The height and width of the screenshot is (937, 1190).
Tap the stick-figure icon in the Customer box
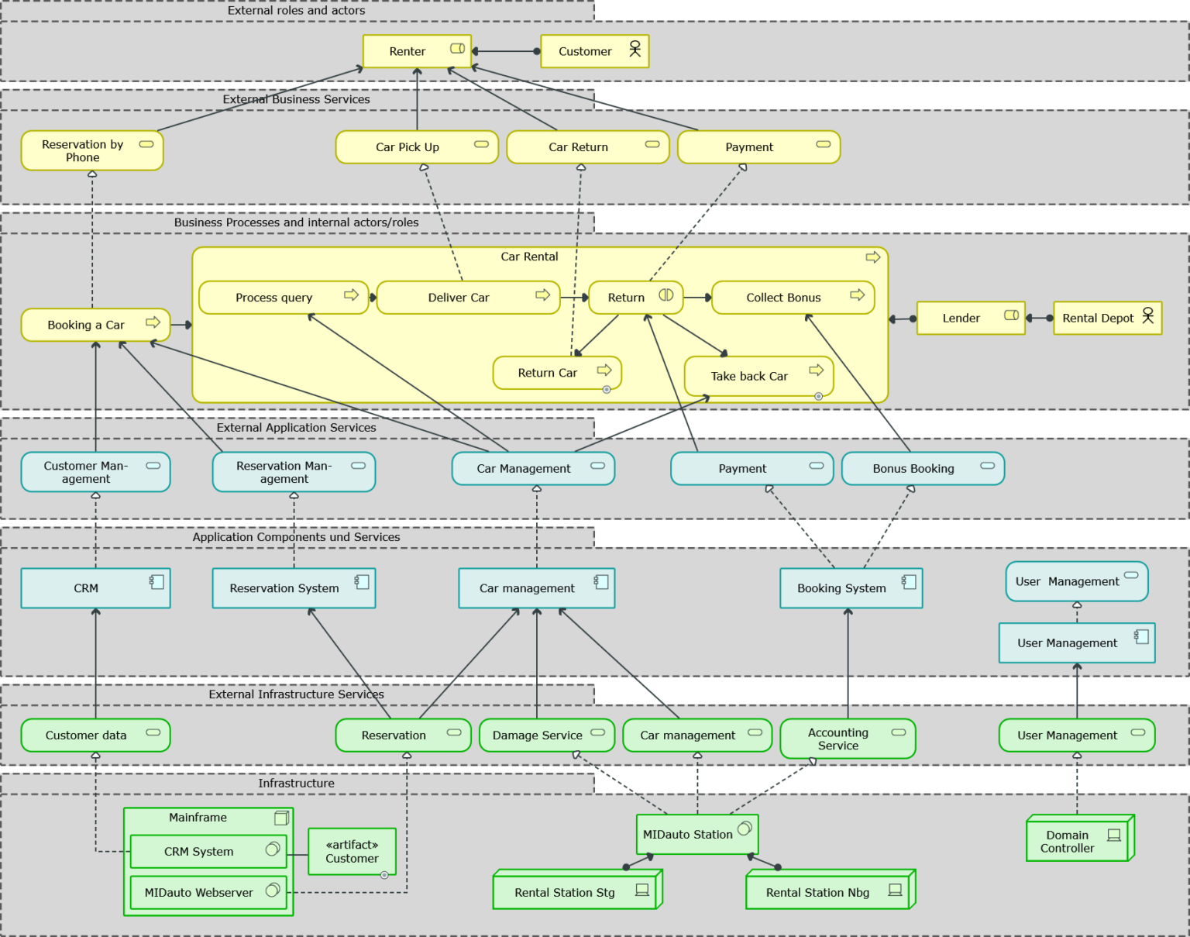coord(635,49)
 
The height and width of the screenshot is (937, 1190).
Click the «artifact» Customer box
coord(352,852)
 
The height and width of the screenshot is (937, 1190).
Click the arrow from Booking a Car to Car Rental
coord(181,325)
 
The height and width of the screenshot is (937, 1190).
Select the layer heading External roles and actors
coord(296,11)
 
